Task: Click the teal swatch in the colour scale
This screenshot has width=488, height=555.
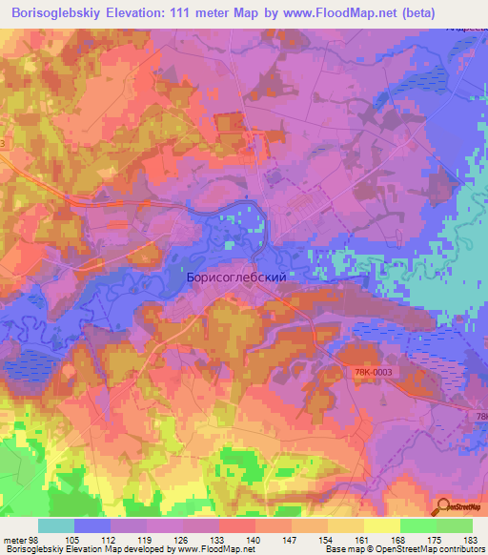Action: coord(56,525)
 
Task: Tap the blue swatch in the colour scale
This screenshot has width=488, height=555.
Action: coord(92,525)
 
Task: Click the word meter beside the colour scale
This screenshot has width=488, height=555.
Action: coord(13,541)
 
